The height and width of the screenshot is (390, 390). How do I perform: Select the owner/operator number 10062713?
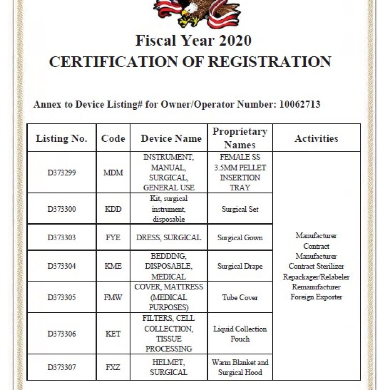point(300,104)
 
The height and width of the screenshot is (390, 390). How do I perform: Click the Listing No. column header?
point(61,138)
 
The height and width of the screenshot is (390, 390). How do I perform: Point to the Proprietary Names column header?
point(240,138)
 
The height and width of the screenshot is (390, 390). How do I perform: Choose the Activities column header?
point(316,138)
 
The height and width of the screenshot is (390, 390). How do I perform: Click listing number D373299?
point(62,173)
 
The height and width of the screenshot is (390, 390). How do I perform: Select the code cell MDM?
point(113,173)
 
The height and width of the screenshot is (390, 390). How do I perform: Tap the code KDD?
point(113,209)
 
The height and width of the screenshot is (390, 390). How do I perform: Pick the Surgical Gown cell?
point(240,238)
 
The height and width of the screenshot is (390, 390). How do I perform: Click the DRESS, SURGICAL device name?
point(169,238)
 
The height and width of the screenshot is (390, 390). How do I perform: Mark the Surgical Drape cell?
point(240,266)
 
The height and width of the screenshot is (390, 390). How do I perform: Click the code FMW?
point(113,297)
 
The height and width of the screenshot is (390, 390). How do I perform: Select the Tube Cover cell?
point(240,297)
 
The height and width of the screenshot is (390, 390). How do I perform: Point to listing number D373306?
point(62,334)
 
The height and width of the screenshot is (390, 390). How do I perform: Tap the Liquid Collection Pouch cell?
point(240,334)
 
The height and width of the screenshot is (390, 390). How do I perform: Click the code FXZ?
point(113,368)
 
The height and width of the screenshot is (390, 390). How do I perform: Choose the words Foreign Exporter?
point(316,297)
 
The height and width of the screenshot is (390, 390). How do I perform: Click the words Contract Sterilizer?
point(316,266)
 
